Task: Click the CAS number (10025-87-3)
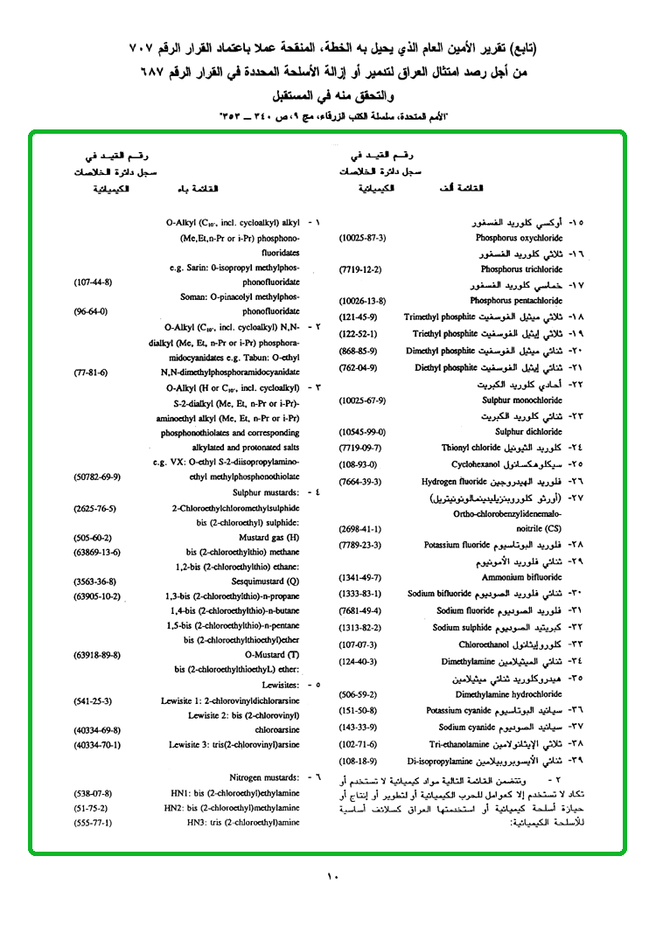361,238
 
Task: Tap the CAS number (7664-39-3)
361,481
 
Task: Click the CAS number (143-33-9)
359,727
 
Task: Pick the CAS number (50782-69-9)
98,477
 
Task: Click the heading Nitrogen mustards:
264,776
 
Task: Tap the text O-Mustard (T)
273,653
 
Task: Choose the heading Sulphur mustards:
265,493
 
